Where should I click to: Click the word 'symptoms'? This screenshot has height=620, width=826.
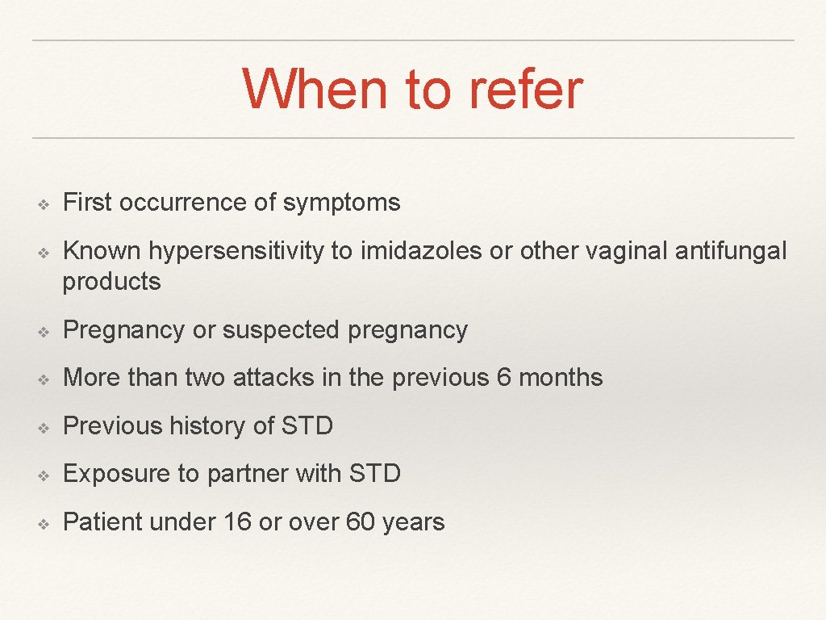[x=341, y=202]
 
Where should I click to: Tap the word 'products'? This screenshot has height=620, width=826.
[x=111, y=282]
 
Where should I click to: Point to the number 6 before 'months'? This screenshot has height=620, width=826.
[x=504, y=378]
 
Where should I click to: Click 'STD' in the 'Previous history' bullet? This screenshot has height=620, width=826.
[x=307, y=425]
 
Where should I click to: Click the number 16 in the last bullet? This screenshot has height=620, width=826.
[x=238, y=522]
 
